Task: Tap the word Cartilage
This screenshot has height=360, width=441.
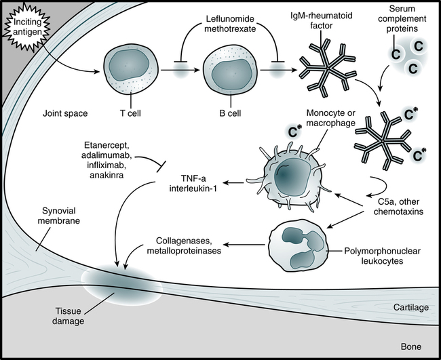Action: pos(411,307)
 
